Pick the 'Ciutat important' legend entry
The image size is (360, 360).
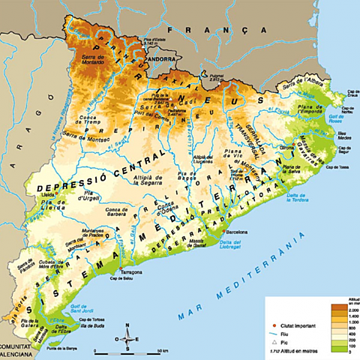pos(296,302)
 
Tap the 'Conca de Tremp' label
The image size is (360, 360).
pos(92,118)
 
